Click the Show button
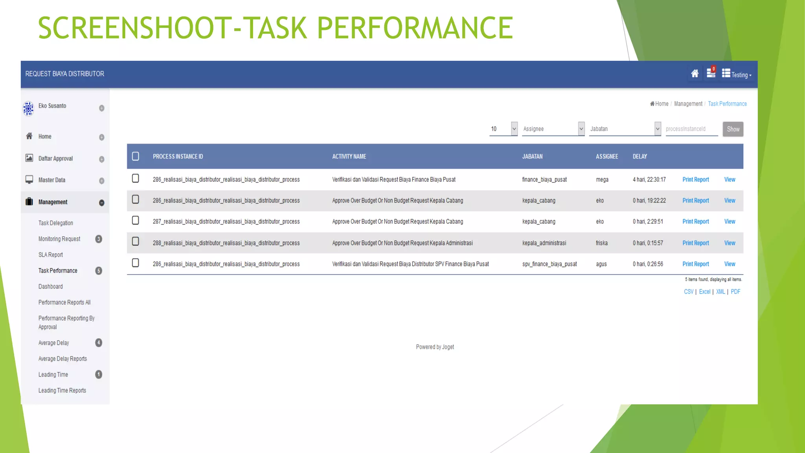click(x=733, y=129)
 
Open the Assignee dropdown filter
click(x=553, y=129)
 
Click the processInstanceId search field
click(x=691, y=129)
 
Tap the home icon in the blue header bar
click(x=695, y=74)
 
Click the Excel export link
click(x=704, y=292)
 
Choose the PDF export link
click(x=735, y=292)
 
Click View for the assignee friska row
click(x=730, y=243)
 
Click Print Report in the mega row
click(x=695, y=180)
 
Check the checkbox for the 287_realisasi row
click(x=136, y=221)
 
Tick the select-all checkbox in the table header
click(x=136, y=157)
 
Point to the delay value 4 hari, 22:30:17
click(x=649, y=180)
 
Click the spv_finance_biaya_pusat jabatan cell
click(x=549, y=264)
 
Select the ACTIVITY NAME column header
click(x=349, y=157)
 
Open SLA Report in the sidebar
click(x=51, y=255)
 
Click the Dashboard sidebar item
click(x=51, y=287)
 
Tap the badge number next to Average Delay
click(x=99, y=343)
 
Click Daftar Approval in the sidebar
click(x=55, y=158)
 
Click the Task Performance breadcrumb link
click(x=727, y=104)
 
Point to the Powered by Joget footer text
click(x=435, y=347)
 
